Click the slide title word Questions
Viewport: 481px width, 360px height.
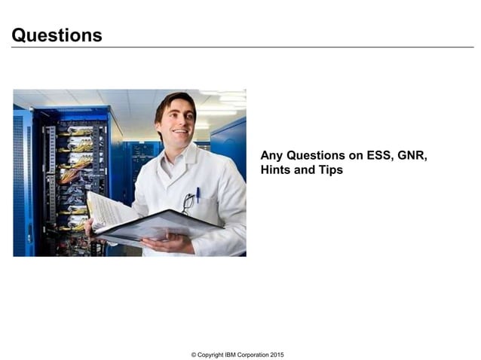[57, 35]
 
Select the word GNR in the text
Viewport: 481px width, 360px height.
[411, 155]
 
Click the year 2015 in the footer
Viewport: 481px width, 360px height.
[276, 355]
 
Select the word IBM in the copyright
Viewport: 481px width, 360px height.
[229, 355]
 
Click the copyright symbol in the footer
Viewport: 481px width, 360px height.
[194, 355]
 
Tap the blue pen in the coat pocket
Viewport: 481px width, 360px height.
[198, 194]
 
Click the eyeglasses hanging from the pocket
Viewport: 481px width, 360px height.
[187, 203]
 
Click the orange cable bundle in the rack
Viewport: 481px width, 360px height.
[69, 175]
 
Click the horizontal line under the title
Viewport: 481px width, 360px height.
[241, 47]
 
